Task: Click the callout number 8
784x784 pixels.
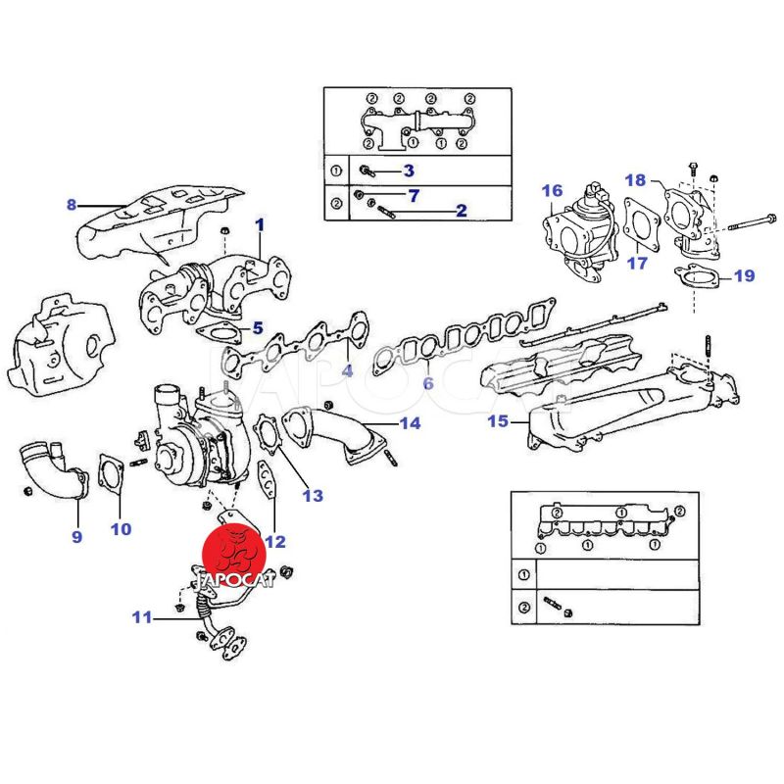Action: tap(71, 205)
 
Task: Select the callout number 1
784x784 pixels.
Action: tap(260, 225)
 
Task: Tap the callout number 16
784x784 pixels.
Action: tap(553, 190)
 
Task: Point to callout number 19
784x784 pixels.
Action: tap(744, 276)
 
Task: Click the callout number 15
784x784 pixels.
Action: tap(499, 422)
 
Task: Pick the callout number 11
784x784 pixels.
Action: tap(143, 617)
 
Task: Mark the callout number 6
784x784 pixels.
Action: tap(427, 383)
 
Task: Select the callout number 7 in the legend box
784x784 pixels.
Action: tap(414, 196)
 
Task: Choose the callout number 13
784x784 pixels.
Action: tap(312, 496)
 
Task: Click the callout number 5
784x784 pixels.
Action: tap(257, 328)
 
